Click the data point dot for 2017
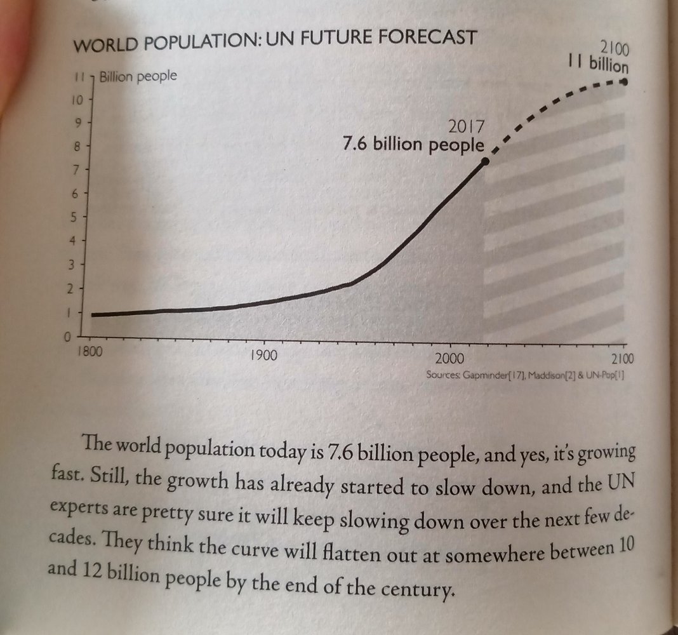(486, 161)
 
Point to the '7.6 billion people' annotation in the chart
(413, 145)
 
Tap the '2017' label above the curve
(466, 126)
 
